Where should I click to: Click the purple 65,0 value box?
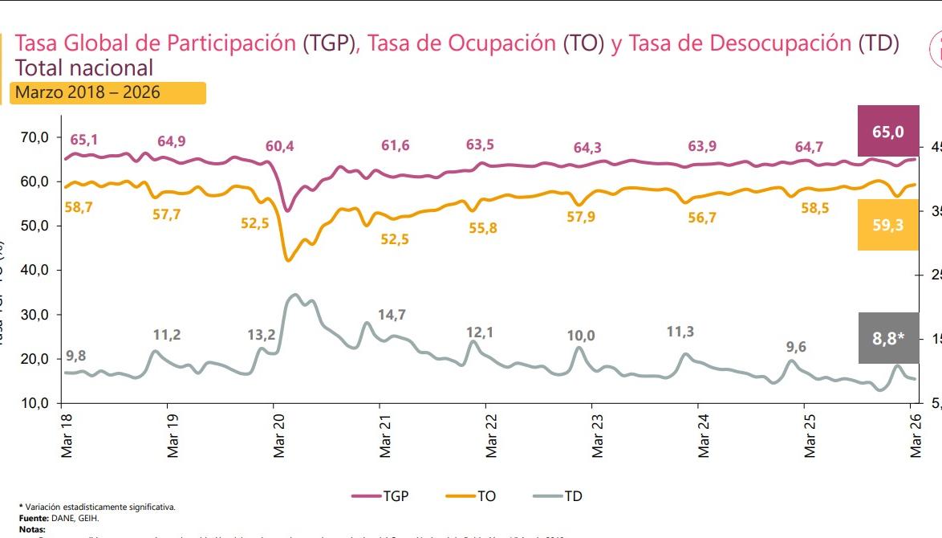(887, 131)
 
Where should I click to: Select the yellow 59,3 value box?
(887, 225)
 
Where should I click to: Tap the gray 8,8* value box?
(887, 337)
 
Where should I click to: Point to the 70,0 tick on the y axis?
(35, 137)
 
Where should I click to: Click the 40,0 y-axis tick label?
(35, 270)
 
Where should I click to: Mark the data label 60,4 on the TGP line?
(279, 146)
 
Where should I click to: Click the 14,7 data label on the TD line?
(392, 315)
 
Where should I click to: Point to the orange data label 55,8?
(482, 228)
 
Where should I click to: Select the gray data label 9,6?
(796, 347)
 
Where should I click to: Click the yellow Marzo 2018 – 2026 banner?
(109, 93)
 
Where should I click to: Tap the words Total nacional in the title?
(84, 67)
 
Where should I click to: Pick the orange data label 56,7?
(701, 218)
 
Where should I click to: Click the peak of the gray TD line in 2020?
(294, 295)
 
